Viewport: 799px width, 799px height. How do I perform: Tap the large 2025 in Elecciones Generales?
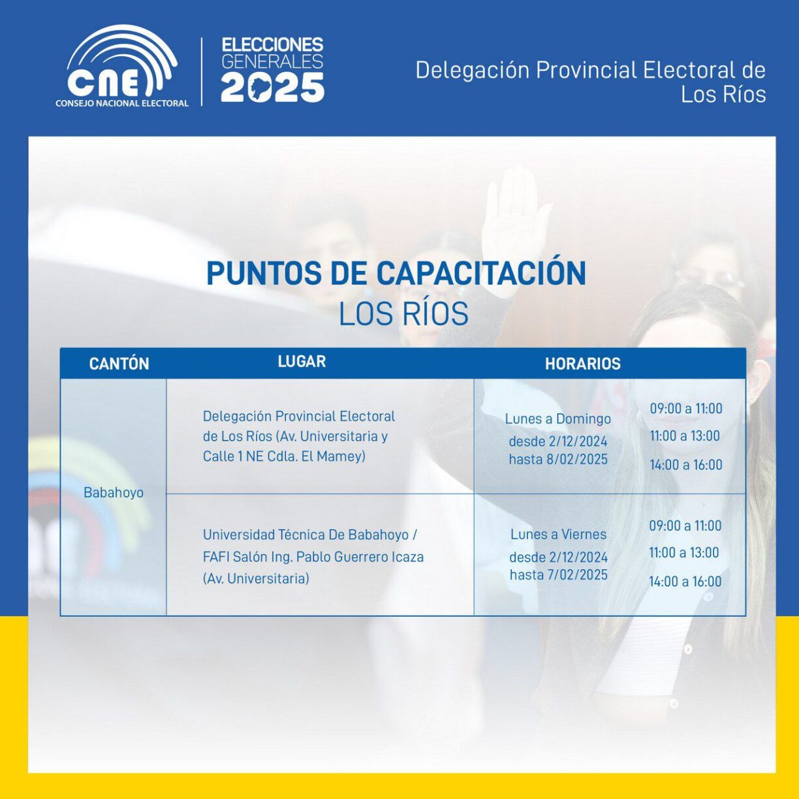click(x=272, y=87)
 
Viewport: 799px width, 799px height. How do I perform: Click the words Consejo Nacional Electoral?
click(x=122, y=103)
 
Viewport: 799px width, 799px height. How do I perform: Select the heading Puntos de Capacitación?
click(x=396, y=273)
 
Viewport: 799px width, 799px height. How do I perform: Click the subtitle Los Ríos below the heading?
click(x=403, y=314)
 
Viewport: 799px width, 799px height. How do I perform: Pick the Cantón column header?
click(x=119, y=364)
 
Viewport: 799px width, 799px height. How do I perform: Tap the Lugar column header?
click(x=302, y=361)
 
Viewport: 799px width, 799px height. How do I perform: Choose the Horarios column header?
click(x=582, y=364)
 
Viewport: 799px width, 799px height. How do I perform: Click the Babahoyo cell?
click(x=114, y=493)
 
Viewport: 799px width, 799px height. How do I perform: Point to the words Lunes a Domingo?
click(x=557, y=419)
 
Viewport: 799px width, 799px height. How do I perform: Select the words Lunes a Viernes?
click(x=558, y=535)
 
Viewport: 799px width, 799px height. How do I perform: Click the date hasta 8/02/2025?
click(x=558, y=459)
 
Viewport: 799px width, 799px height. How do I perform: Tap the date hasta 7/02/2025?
click(x=559, y=574)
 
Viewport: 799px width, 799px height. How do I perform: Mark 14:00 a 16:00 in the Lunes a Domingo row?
click(x=686, y=465)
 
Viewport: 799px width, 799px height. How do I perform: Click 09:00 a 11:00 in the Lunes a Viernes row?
click(x=685, y=525)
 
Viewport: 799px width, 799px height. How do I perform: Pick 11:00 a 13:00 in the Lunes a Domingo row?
click(x=685, y=436)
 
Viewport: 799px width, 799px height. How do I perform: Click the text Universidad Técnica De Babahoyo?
click(x=305, y=535)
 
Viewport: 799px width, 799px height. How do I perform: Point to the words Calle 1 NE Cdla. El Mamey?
click(x=283, y=456)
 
